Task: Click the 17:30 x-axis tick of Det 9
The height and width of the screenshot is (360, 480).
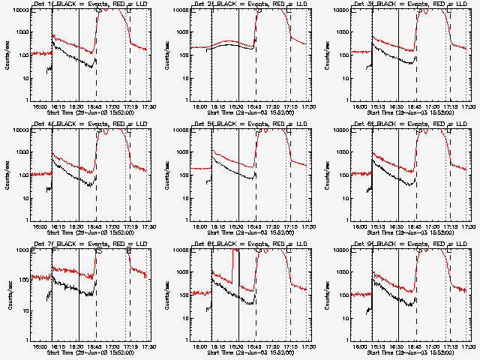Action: coord(469,346)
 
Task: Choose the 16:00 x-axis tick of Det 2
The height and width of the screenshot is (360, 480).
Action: coord(200,106)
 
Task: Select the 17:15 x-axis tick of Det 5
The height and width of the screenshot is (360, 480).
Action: coord(290,226)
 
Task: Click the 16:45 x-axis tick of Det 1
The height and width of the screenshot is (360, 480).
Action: coord(97,106)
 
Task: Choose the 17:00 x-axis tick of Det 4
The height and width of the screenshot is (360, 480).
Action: coord(113,226)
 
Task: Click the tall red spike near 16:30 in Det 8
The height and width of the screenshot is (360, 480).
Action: coord(233,262)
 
